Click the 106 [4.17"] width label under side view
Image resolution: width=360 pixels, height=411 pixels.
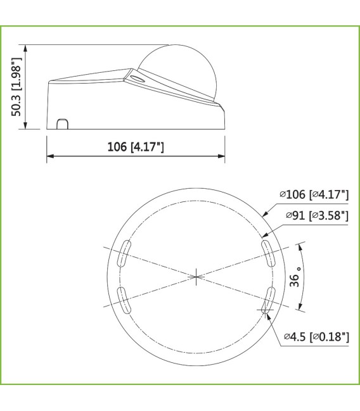pyautogui.click(x=135, y=147)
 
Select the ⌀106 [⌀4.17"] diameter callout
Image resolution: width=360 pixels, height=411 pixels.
pyautogui.click(x=314, y=194)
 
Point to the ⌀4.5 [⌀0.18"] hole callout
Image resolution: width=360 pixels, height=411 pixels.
pyautogui.click(x=316, y=336)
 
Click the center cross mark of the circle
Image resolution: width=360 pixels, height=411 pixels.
pyautogui.click(x=197, y=275)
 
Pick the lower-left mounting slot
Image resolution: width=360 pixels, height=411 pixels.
pyautogui.click(x=124, y=299)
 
